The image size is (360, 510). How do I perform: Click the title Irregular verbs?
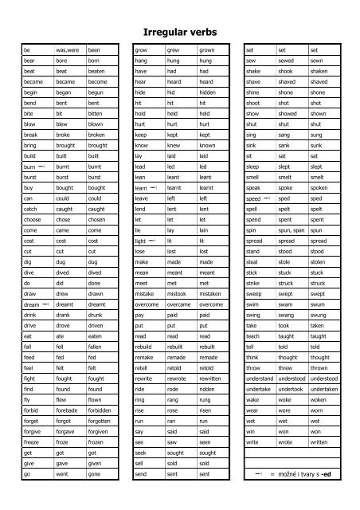pos(179,32)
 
